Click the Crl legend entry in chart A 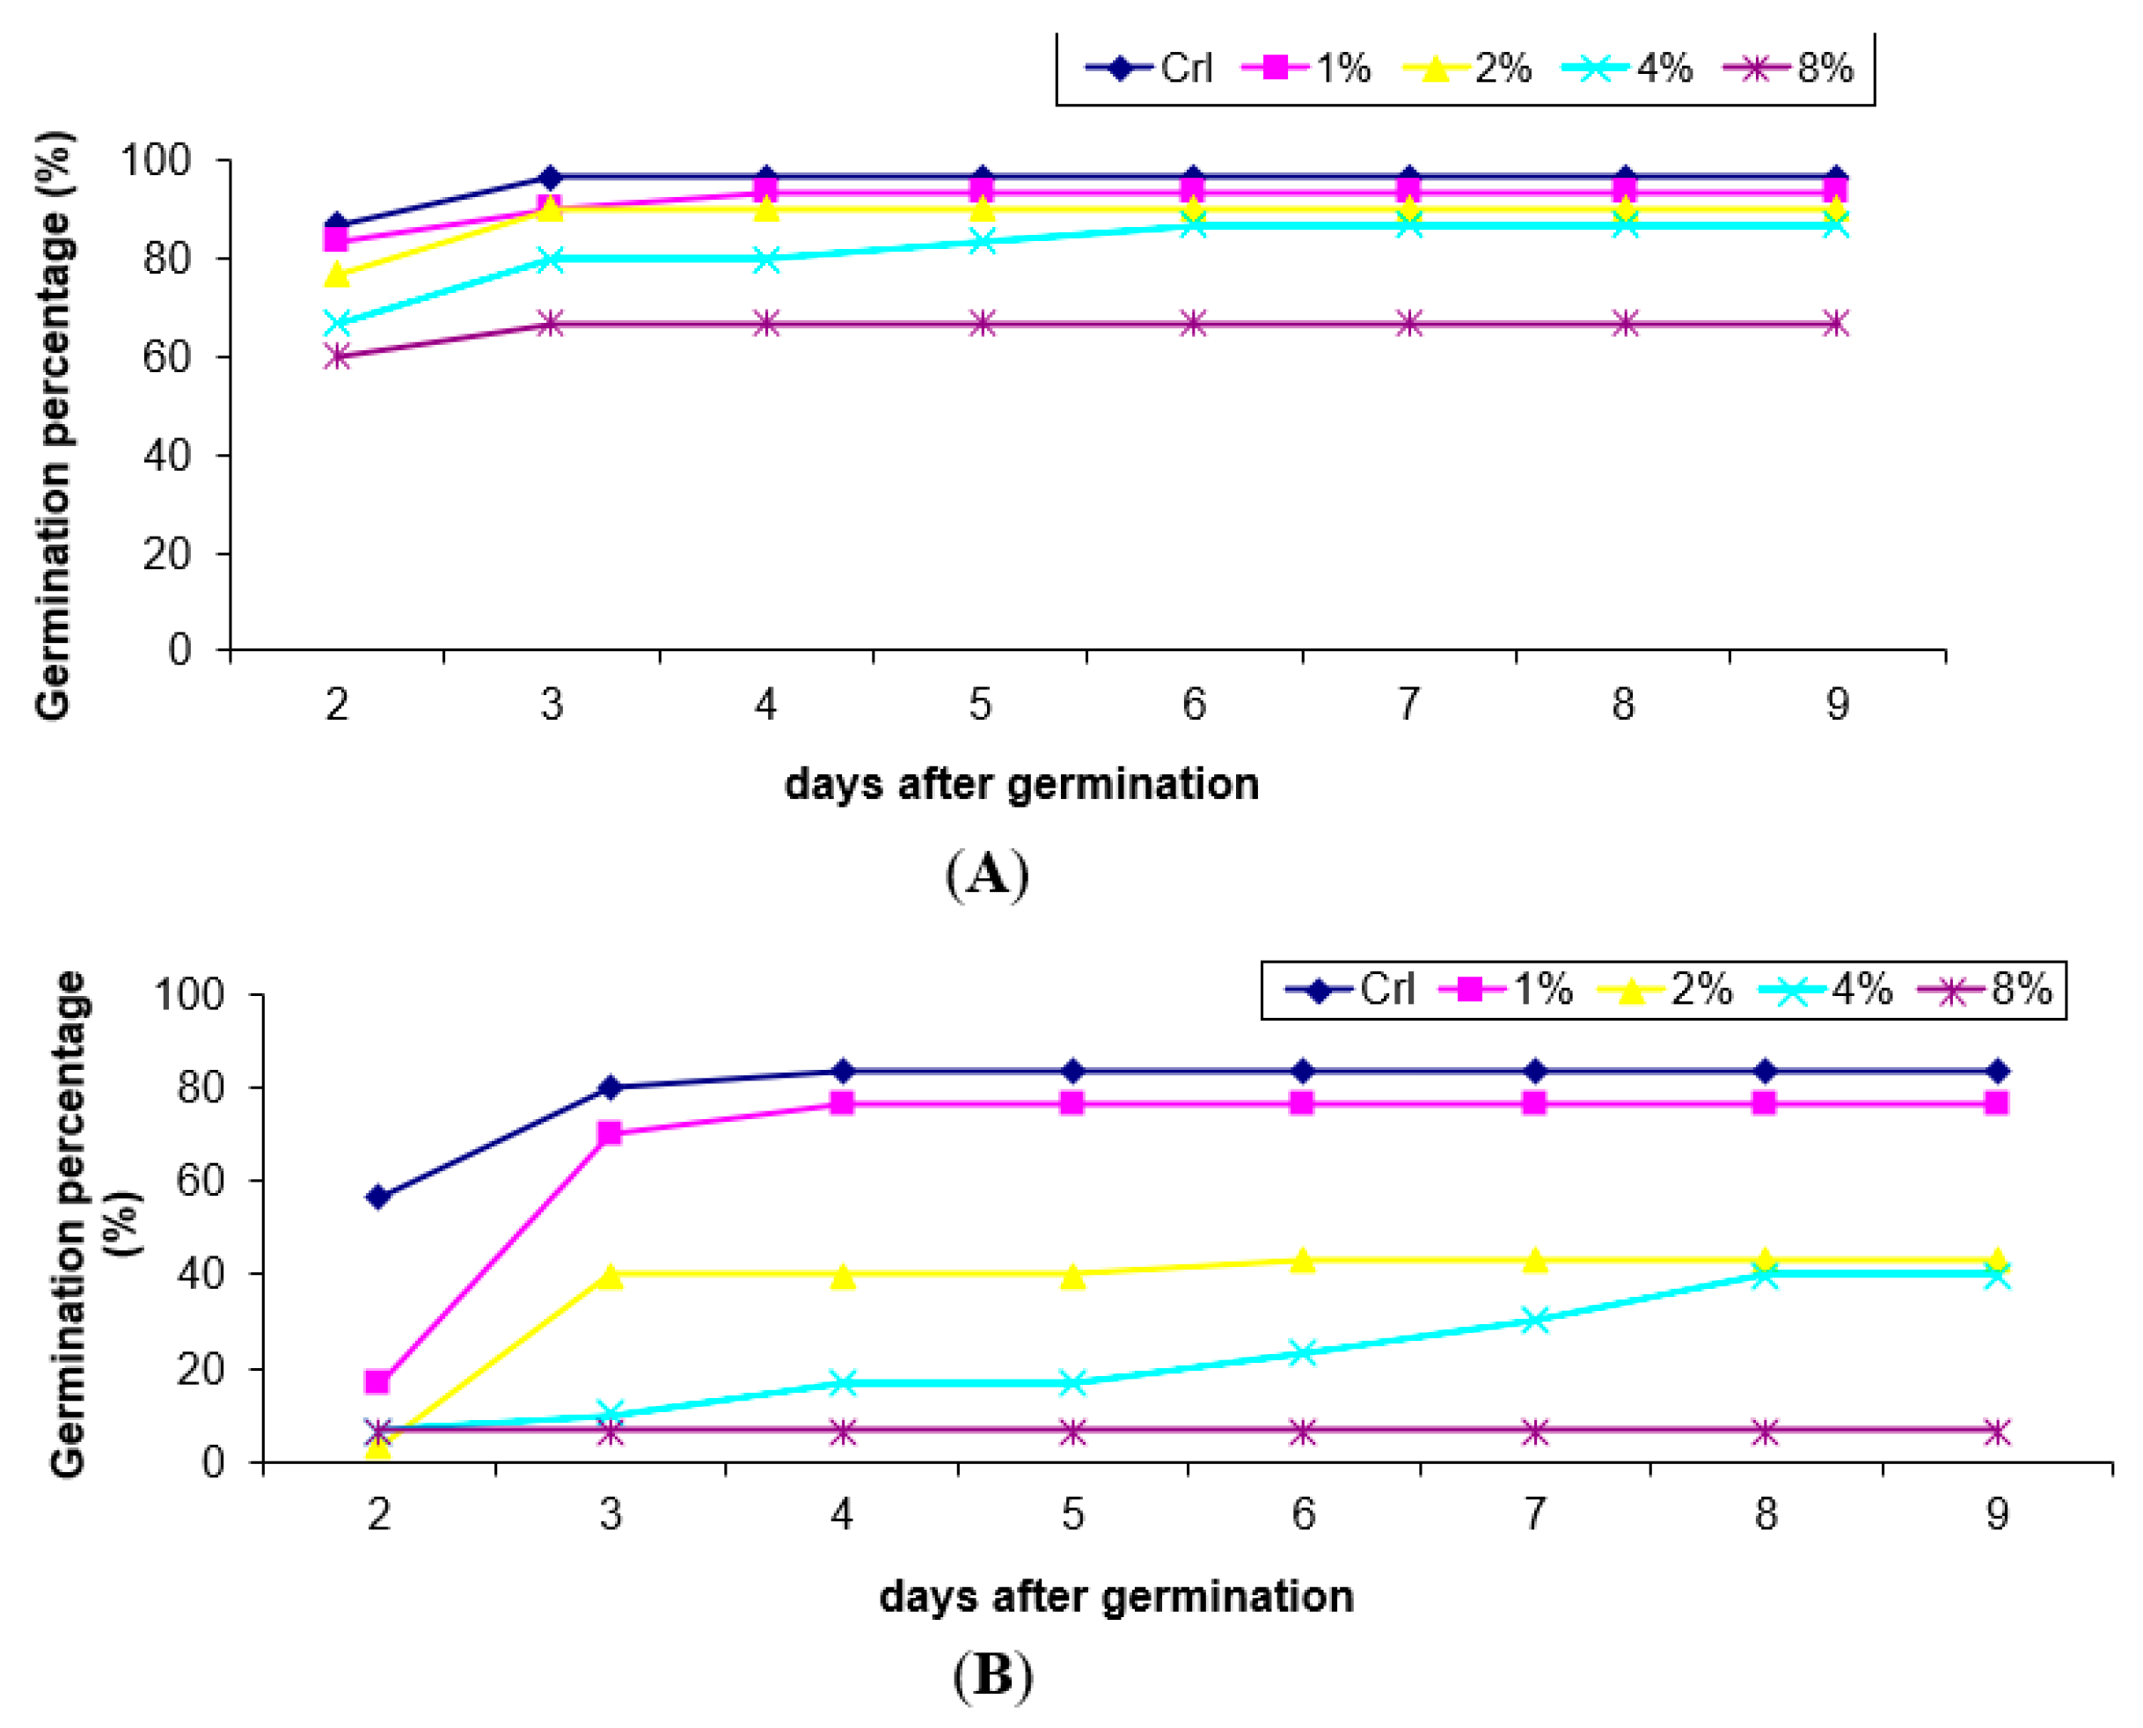coord(1150,69)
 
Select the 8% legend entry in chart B coord(1986,991)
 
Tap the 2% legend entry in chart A coord(1467,69)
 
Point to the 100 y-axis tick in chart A coord(156,160)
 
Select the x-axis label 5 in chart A coord(980,705)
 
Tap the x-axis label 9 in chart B coord(1998,1514)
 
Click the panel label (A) coord(986,875)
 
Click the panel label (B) coord(992,1675)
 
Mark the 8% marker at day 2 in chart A coord(338,356)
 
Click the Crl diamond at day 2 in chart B coord(378,1197)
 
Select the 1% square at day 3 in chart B coord(611,1132)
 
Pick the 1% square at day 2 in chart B coord(378,1381)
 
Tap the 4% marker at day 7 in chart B coord(1535,1320)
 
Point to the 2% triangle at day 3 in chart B coord(611,1275)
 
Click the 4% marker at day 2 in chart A coord(338,324)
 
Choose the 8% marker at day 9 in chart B coord(1997,1432)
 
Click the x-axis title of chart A coord(1021,784)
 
